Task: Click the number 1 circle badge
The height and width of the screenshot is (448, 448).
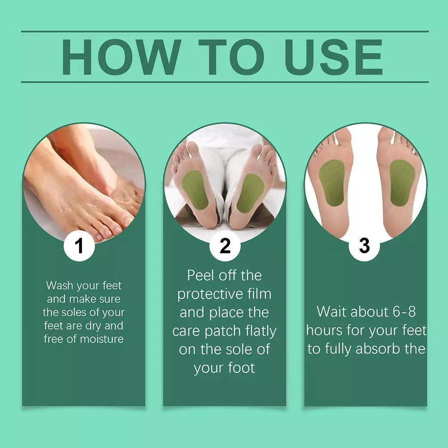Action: coord(79,246)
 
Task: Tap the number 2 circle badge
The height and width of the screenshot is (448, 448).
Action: coord(225,246)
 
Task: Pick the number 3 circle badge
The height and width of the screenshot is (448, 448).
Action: coord(364,246)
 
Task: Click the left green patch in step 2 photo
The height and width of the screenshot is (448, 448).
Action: coord(195,190)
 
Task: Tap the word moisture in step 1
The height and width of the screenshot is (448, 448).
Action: coord(102,339)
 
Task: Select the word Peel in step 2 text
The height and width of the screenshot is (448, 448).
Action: coord(201,275)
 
